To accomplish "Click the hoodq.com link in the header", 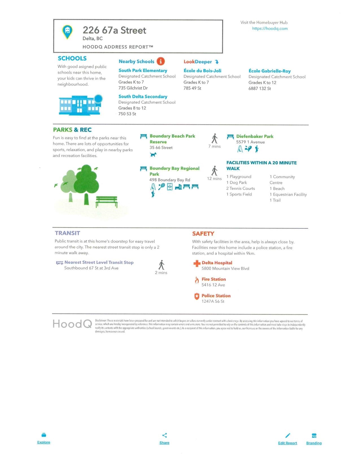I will point(270,29).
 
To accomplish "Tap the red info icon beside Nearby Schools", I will point(161,61).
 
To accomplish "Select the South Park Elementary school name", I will point(143,71).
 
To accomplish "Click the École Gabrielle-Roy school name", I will point(269,71).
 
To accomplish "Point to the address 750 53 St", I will point(127,114).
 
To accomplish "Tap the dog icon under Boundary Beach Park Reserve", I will point(153,154).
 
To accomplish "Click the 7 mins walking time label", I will point(215,146).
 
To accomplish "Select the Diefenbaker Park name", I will point(255,136).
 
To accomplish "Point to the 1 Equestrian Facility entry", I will point(288,194).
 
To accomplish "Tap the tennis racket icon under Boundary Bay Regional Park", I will point(162,186).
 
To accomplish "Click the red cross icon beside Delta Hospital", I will point(197,264).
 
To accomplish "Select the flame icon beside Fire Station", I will point(197,280).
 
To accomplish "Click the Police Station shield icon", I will point(197,296).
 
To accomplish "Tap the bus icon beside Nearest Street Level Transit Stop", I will point(60,263).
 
